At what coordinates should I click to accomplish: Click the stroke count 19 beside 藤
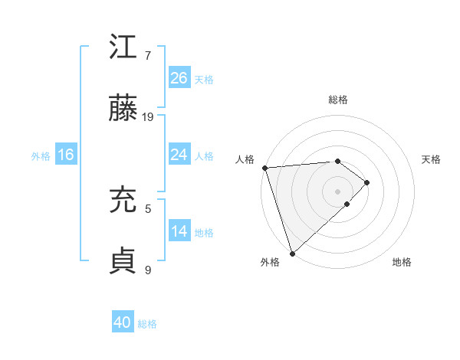click(149, 116)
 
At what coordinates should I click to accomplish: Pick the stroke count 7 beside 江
click(148, 55)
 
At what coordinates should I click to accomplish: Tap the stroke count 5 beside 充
click(148, 208)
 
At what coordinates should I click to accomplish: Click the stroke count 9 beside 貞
click(148, 269)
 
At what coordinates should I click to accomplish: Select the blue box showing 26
click(179, 77)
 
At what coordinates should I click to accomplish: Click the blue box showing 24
click(179, 155)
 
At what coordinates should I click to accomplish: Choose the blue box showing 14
click(179, 231)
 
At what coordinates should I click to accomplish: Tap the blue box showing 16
click(66, 155)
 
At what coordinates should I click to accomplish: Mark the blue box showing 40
click(123, 322)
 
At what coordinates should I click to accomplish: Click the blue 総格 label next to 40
click(147, 324)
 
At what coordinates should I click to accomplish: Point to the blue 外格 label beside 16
click(41, 156)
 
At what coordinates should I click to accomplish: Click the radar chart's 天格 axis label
click(431, 159)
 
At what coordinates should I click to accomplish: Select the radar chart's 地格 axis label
click(402, 263)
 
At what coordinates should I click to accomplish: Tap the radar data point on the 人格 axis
click(264, 168)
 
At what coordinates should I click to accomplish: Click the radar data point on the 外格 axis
click(291, 252)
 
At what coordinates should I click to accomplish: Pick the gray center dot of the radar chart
click(337, 191)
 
